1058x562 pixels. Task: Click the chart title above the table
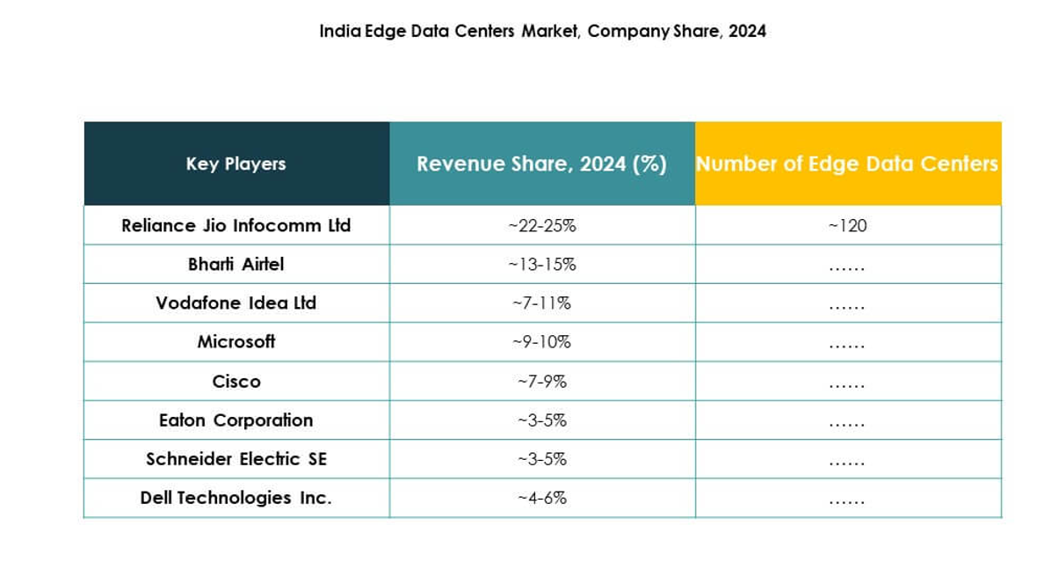(x=542, y=32)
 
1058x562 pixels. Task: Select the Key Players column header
(x=236, y=164)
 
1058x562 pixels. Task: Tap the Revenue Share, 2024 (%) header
(x=541, y=164)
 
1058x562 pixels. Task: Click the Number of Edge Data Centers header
(x=847, y=164)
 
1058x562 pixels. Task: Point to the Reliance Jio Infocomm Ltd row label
(x=236, y=225)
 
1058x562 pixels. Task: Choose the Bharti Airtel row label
(x=236, y=264)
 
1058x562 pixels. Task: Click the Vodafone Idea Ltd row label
(x=236, y=303)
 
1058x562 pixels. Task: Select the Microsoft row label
(x=236, y=341)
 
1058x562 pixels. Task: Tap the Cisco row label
(x=236, y=381)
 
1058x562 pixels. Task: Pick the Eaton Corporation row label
(x=236, y=420)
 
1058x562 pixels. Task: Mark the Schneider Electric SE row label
(x=236, y=458)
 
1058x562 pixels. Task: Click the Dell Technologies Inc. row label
(x=236, y=498)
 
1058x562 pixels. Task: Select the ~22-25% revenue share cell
(x=541, y=225)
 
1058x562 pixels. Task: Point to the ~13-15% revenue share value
(x=541, y=264)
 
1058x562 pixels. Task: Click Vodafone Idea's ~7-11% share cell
(x=541, y=303)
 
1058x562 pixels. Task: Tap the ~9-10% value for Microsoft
(x=541, y=341)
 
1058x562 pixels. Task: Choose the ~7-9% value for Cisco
(x=541, y=381)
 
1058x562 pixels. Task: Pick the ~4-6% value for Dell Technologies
(x=541, y=498)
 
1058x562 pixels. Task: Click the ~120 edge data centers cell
(x=847, y=225)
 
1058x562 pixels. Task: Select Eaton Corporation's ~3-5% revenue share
(x=541, y=420)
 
